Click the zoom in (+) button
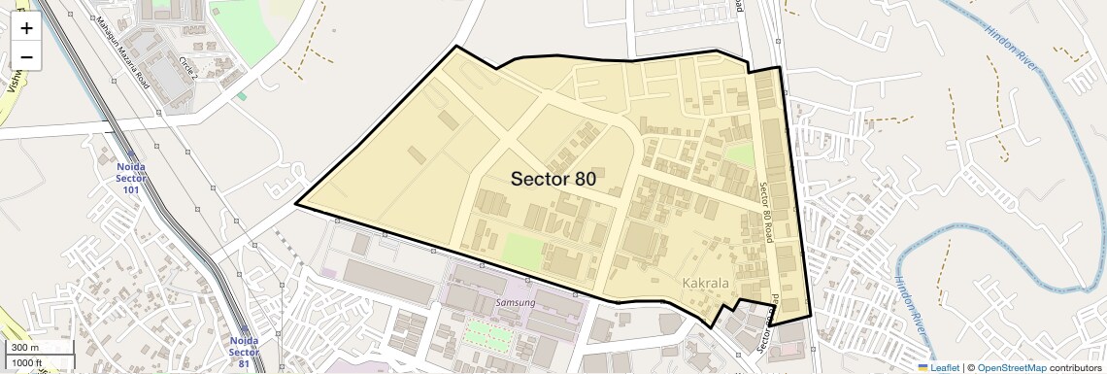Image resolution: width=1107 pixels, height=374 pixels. point(26,28)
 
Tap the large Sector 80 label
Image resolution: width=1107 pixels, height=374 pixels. point(553,179)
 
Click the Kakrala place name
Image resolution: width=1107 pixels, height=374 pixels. point(706,284)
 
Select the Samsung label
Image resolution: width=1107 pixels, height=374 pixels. point(516,302)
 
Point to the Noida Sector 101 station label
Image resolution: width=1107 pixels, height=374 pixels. point(131,177)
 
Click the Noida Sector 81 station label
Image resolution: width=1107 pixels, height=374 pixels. point(244,352)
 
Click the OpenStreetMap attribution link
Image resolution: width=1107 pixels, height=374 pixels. point(1011,367)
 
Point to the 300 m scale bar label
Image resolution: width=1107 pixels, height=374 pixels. point(25,348)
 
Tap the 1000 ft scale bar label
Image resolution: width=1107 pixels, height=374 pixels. point(28,362)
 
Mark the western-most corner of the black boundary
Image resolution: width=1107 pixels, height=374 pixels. point(296,205)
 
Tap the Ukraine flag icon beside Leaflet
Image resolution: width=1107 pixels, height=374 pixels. point(923,367)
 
